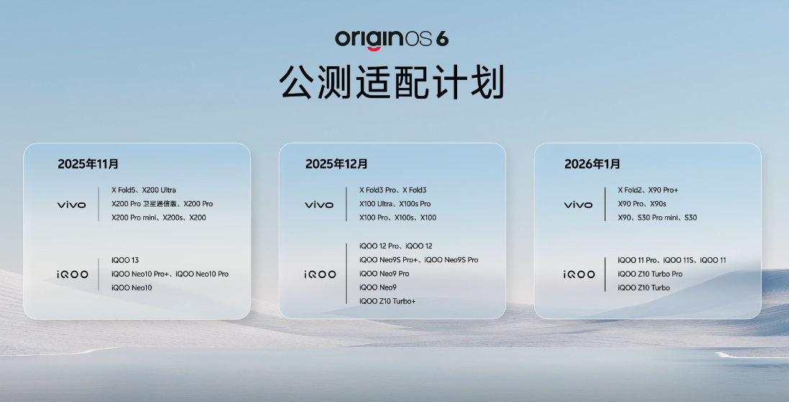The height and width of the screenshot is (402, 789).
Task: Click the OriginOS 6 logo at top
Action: [392, 40]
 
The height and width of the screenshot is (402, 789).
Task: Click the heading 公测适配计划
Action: [392, 81]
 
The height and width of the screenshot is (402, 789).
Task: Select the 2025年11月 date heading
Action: [88, 164]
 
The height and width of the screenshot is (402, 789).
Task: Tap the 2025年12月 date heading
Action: [336, 164]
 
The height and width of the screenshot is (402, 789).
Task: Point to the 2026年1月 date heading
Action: [592, 164]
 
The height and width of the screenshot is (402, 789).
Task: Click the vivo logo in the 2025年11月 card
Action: [71, 205]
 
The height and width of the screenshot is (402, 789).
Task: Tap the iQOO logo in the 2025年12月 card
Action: [320, 274]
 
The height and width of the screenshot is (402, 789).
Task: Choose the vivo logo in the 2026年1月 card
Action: [579, 205]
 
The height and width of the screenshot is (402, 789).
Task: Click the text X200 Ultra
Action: [159, 190]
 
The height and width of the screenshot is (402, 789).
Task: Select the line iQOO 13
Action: [125, 260]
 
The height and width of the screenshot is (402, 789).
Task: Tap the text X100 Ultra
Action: [375, 203]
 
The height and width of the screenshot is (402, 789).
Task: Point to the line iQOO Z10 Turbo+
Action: [387, 301]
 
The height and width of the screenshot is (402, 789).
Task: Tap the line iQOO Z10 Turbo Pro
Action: [650, 274]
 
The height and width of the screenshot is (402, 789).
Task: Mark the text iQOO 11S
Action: [679, 260]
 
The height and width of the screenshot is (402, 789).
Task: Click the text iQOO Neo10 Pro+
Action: [140, 274]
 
